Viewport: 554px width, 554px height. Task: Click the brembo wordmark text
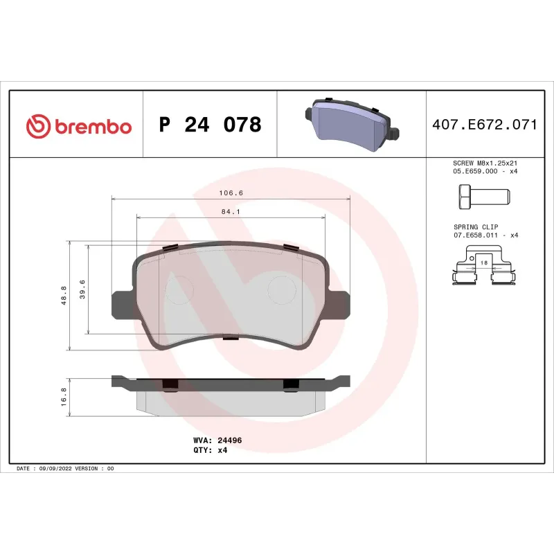[92, 126]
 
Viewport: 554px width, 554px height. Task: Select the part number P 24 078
[211, 125]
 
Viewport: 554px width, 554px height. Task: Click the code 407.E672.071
[485, 125]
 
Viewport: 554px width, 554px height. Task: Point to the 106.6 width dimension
[231, 193]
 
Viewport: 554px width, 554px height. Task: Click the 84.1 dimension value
[231, 213]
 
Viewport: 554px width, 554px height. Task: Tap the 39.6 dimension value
[82, 288]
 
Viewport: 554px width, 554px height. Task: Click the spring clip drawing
[484, 269]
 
